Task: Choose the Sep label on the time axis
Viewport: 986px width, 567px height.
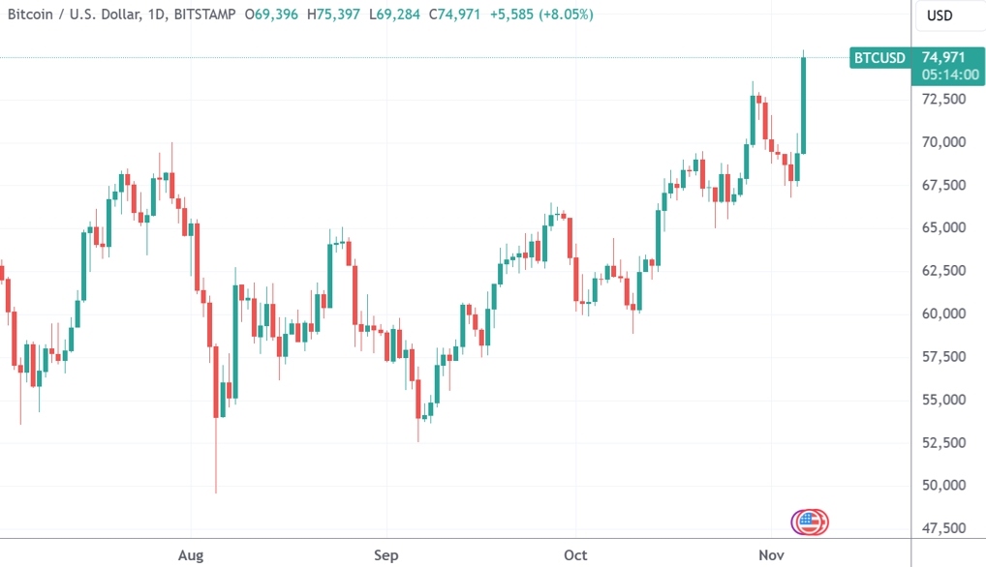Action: point(385,554)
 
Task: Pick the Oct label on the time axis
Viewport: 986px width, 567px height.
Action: point(575,554)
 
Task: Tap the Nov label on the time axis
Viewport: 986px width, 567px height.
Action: point(769,554)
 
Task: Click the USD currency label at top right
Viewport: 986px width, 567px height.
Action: point(940,15)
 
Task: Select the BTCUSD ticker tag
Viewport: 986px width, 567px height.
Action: point(879,58)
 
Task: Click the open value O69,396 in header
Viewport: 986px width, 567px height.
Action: point(271,15)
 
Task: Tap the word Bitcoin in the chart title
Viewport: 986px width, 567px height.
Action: point(31,15)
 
